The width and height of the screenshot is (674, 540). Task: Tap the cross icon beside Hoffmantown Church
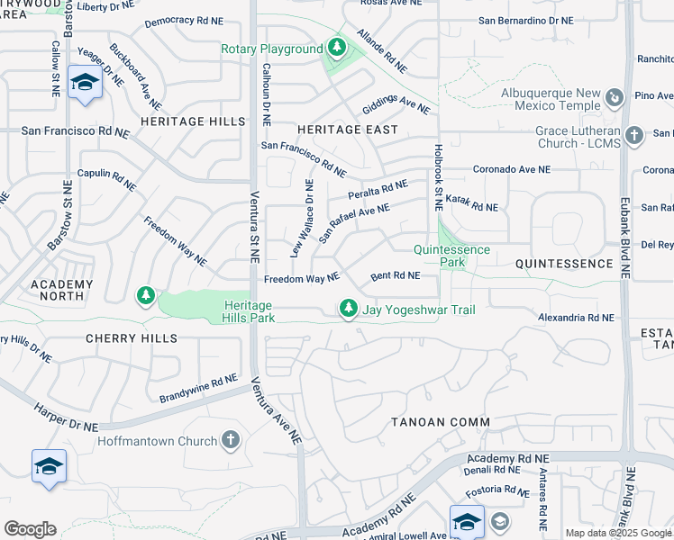[x=232, y=441]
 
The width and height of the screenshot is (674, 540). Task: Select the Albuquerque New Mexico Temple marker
[x=615, y=97]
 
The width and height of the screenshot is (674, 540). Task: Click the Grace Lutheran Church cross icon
[x=634, y=135]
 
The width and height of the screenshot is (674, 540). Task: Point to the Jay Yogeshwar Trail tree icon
[x=349, y=309]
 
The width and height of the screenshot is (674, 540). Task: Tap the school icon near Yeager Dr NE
[x=85, y=83]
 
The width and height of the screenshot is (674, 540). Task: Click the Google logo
[x=30, y=529]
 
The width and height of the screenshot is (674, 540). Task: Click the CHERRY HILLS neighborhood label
[x=132, y=338]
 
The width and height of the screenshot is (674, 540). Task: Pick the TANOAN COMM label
[x=441, y=422]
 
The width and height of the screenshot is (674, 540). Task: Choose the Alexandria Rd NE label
[x=576, y=318]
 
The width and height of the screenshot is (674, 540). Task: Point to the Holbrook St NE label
[x=438, y=178]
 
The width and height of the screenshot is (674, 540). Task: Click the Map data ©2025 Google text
[x=618, y=533]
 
